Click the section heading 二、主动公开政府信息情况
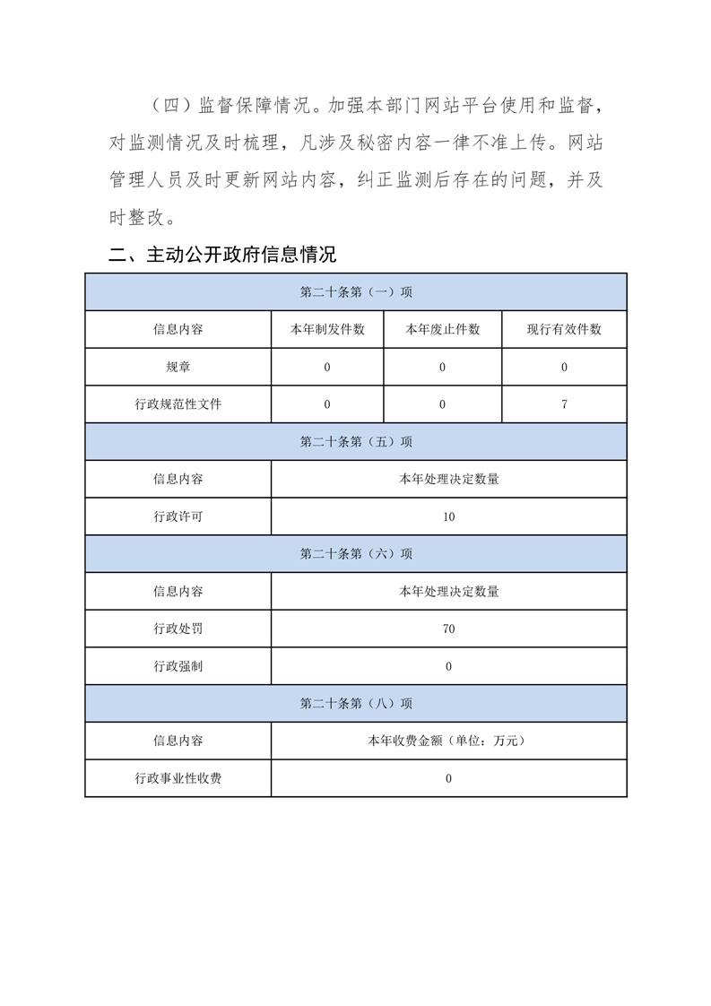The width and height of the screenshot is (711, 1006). point(221,256)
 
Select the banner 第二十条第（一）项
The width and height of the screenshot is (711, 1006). point(356,292)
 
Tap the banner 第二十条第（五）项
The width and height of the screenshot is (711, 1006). point(356,442)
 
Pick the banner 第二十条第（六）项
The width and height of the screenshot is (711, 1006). point(356,554)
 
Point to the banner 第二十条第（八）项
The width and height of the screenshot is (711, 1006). point(356,704)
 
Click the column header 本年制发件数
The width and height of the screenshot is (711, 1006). point(327,330)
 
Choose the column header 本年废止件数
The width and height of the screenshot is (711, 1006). point(443,330)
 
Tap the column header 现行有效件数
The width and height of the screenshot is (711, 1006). point(564,330)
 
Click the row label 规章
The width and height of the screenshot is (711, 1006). point(178,368)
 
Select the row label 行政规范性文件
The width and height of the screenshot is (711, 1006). point(178,404)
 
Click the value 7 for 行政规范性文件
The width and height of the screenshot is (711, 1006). point(564,404)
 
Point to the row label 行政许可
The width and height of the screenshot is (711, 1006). point(178,517)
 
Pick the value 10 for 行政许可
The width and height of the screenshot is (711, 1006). point(448,517)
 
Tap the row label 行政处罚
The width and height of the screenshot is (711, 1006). point(178,629)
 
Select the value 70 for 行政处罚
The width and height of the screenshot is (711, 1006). point(448,629)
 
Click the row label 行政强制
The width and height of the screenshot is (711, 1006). point(178,666)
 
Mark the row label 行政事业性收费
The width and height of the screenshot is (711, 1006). point(178,778)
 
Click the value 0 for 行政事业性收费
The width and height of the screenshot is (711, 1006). point(448,778)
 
